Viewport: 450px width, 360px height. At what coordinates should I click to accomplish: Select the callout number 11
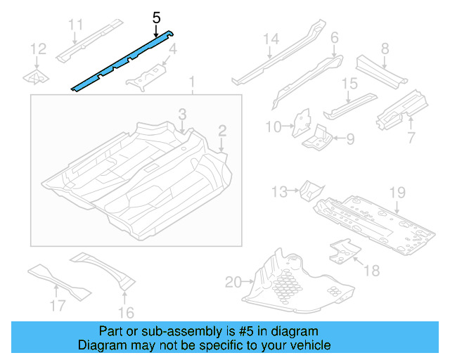76,26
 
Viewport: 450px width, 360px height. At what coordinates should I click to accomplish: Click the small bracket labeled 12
35,76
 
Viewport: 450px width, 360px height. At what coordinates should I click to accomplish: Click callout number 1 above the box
191,84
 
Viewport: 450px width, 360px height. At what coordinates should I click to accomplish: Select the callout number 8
385,49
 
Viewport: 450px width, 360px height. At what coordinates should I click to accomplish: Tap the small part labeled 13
309,189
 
